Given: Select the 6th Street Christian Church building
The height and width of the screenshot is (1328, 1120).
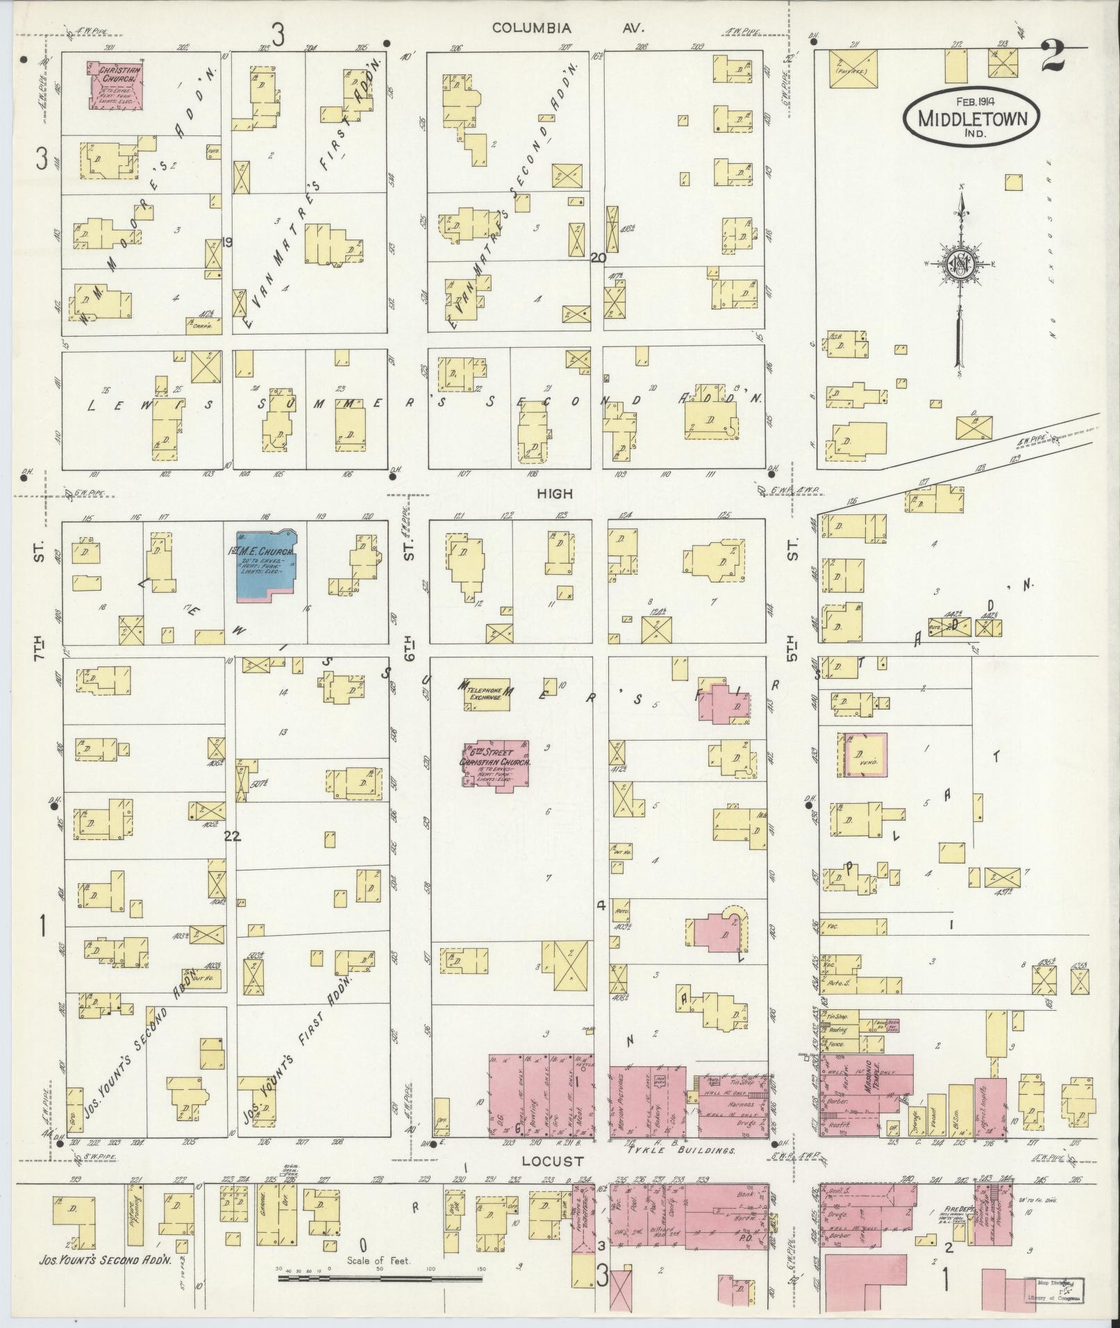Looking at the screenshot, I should [494, 762].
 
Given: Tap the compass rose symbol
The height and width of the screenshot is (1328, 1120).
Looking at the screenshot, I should [960, 264].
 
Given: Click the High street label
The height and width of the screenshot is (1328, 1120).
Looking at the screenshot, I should [554, 493].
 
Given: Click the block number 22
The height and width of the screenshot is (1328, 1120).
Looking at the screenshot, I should [232, 837].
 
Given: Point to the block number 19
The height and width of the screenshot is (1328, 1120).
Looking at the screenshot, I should [227, 242].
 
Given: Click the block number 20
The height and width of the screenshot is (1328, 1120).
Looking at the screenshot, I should [598, 258].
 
